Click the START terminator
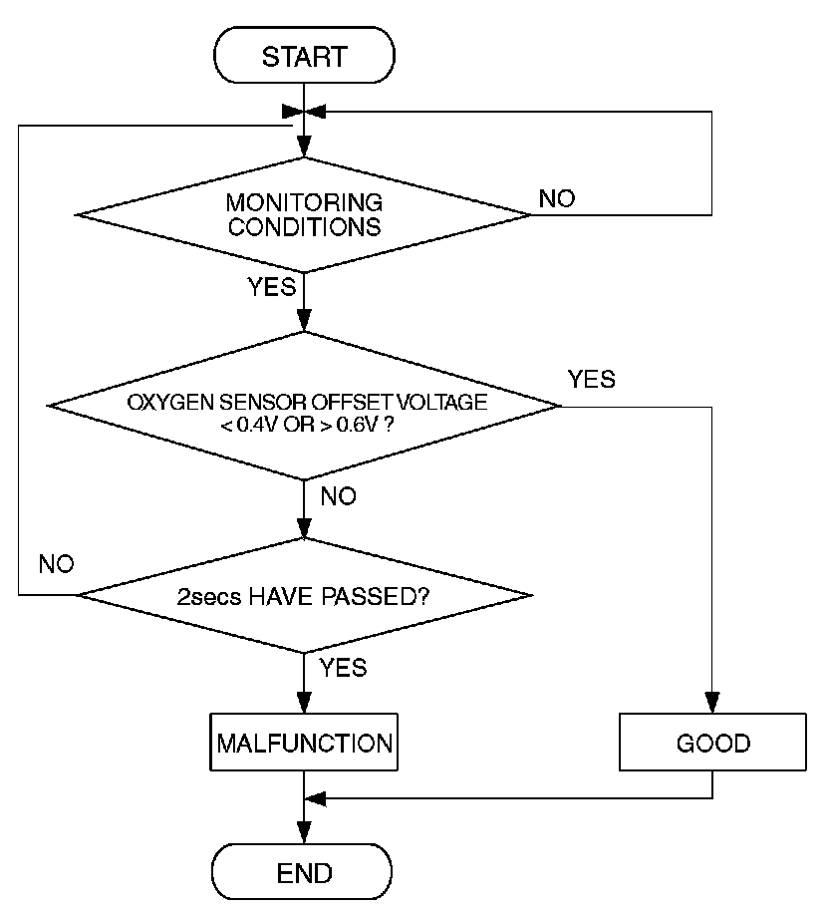[304, 55]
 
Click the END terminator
[302, 872]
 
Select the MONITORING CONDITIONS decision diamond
[303, 215]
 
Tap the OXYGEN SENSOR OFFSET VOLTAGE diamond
[303, 406]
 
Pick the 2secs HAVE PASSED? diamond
[305, 595]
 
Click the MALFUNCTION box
[304, 743]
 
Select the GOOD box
[712, 743]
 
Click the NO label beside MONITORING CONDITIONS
[557, 199]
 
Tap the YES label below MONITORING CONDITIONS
[271, 287]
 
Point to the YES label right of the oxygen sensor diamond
[592, 379]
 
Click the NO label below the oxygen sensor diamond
[338, 496]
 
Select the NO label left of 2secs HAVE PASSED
[57, 564]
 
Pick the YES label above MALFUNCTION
[344, 668]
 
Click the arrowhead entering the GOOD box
[712, 703]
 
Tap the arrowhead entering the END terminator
[304, 833]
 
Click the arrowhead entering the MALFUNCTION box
[304, 703]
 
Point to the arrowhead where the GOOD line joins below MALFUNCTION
[315, 798]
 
